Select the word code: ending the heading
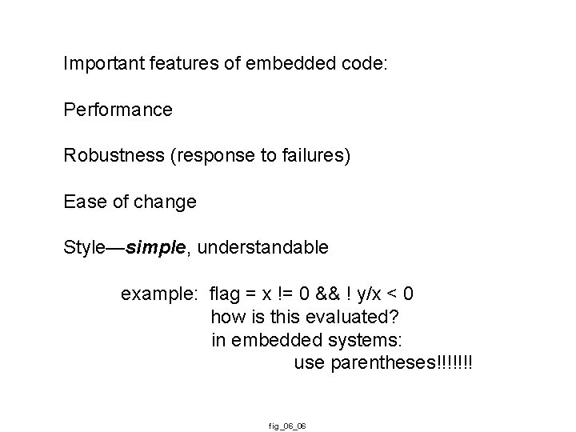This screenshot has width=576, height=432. [x=363, y=63]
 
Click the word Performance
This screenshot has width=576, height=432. [x=118, y=110]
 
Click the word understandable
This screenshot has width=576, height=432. [x=262, y=248]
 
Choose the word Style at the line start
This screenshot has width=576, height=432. [x=82, y=248]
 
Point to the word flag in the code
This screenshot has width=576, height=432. [x=227, y=294]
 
